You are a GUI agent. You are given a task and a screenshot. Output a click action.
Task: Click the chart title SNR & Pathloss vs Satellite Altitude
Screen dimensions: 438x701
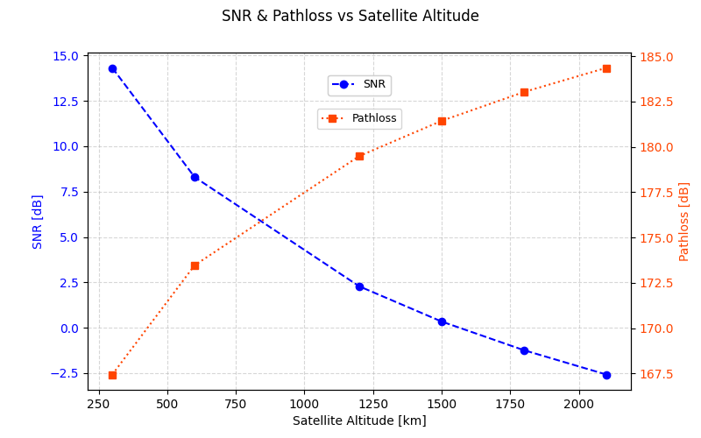(x=350, y=17)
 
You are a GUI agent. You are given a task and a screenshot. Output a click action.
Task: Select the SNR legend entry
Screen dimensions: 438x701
(x=359, y=85)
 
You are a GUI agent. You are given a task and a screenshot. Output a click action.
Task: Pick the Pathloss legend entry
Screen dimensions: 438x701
(x=359, y=118)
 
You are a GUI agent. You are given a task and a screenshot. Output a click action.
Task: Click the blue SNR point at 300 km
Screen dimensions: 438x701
(x=112, y=68)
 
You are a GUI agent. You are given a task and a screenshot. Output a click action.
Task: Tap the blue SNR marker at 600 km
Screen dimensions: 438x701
(x=195, y=177)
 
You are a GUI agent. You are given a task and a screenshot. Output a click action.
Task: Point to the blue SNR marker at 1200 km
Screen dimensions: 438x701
(x=359, y=286)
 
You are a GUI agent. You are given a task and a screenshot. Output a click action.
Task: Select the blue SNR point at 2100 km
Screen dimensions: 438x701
(x=606, y=375)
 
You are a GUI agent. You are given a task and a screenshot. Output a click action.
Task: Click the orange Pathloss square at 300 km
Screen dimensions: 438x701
(x=112, y=375)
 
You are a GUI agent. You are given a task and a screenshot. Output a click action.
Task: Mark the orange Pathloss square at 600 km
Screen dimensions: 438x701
(x=195, y=265)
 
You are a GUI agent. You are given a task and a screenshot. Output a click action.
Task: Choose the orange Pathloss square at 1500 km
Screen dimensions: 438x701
(x=442, y=121)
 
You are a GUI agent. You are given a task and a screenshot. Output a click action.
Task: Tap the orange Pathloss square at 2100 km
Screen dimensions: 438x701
(x=606, y=68)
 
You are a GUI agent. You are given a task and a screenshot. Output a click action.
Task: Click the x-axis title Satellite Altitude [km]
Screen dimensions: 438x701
(x=359, y=420)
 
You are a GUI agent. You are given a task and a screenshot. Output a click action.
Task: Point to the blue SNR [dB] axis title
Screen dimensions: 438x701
(x=38, y=222)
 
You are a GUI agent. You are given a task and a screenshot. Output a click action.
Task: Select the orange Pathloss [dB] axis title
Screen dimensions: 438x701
(x=684, y=222)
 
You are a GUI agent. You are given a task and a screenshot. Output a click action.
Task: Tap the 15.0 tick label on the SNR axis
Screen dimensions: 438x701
(x=65, y=56)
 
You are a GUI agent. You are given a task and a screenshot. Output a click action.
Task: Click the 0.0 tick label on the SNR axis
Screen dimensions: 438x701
(x=68, y=328)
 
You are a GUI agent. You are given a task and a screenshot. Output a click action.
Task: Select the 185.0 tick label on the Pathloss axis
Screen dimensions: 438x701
(x=656, y=57)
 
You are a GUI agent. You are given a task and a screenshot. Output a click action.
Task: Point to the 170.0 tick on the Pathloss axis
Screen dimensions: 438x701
(x=656, y=328)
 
